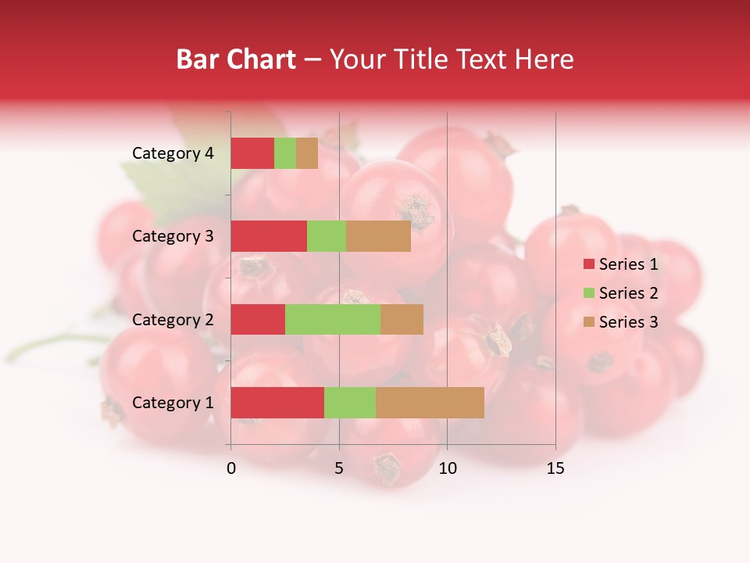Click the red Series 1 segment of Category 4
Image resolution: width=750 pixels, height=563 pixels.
click(x=252, y=153)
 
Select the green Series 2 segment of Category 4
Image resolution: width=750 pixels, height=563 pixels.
click(x=285, y=153)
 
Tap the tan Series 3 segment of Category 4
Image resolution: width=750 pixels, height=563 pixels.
click(x=307, y=153)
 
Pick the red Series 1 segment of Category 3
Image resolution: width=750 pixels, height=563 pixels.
click(x=269, y=236)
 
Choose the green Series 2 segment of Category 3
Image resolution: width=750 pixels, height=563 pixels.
click(x=327, y=236)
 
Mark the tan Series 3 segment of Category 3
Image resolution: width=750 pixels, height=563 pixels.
click(x=378, y=236)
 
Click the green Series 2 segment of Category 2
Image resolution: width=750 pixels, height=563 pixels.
click(x=333, y=319)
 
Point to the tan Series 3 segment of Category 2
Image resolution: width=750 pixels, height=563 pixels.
click(x=402, y=319)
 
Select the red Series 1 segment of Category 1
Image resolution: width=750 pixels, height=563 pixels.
click(x=277, y=403)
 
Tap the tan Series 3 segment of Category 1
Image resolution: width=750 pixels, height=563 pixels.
click(x=430, y=403)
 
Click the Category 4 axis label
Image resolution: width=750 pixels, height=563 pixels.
click(x=173, y=153)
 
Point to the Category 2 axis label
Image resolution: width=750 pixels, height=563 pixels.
click(x=173, y=319)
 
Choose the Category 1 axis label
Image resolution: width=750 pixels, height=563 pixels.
click(x=173, y=403)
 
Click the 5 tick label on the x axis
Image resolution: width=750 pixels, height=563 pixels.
click(x=339, y=468)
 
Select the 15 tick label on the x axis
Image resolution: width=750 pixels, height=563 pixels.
click(x=555, y=468)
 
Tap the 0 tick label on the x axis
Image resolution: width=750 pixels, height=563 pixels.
click(x=231, y=468)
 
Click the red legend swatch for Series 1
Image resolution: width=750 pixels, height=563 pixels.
click(x=588, y=264)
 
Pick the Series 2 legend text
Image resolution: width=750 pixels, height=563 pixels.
click(x=628, y=293)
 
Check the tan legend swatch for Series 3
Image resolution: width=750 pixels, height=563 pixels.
click(x=588, y=322)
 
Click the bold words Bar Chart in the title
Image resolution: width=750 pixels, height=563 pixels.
click(x=236, y=59)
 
